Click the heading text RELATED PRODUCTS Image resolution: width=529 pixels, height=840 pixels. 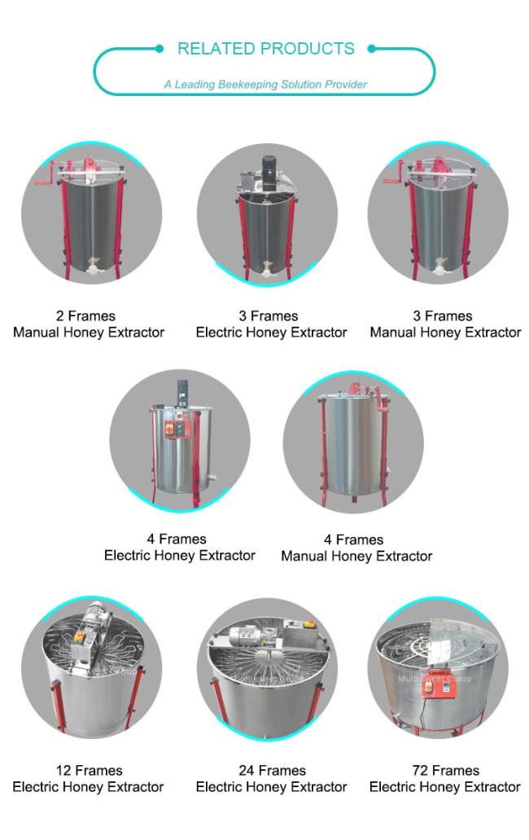point(265,49)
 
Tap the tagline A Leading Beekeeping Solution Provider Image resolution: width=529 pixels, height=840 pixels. point(265,84)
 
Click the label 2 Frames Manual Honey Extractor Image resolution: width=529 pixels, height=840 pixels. point(89,324)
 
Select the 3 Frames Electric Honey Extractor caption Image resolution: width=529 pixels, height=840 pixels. point(271,324)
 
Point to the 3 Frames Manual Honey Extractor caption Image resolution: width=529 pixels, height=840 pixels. point(445,324)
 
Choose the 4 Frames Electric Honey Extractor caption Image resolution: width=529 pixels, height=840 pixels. point(179,547)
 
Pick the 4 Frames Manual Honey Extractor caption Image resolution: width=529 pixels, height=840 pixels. point(356,548)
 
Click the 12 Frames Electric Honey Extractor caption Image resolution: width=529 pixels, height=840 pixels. point(89,778)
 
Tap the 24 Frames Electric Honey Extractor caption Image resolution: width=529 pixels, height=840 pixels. point(271,778)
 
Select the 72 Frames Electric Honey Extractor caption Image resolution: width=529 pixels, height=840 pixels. point(445,778)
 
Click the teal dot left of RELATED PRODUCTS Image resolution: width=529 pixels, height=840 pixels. point(159,49)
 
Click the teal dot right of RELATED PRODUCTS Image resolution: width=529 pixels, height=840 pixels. point(371,49)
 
